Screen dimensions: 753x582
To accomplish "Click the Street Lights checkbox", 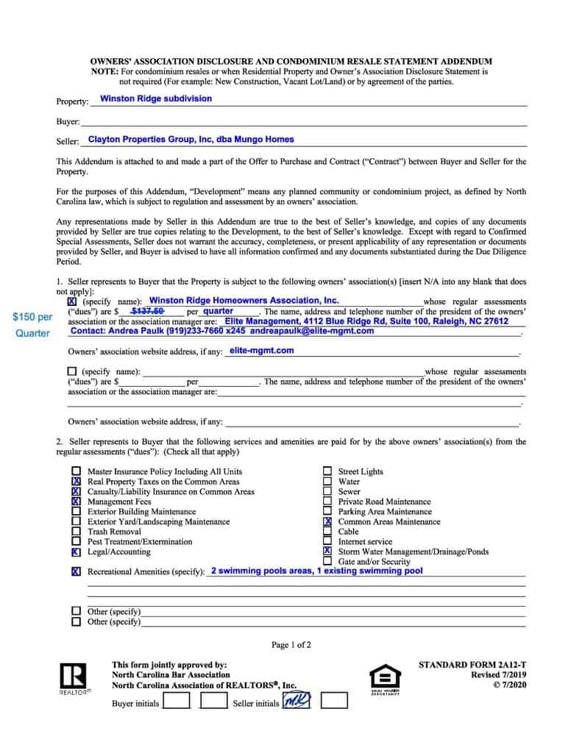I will click(x=327, y=471).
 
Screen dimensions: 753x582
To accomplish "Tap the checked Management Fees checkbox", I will click(x=77, y=502).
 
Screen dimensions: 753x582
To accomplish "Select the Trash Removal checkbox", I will click(x=77, y=532).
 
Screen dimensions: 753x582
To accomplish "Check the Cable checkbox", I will click(x=327, y=532).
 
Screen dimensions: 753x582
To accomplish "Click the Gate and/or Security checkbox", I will click(x=327, y=562).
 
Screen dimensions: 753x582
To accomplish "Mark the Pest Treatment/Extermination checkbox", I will click(x=77, y=542).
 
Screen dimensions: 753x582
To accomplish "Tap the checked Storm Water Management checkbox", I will click(x=327, y=552).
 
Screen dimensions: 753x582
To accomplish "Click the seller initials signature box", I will click(x=297, y=701).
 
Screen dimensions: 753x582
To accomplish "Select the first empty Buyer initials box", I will click(x=176, y=701).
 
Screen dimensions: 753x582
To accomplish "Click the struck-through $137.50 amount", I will click(x=147, y=311).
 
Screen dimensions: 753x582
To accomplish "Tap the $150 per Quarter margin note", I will click(x=32, y=325).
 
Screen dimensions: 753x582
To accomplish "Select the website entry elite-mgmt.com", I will click(x=261, y=351).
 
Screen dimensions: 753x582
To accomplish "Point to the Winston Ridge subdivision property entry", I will click(x=156, y=99).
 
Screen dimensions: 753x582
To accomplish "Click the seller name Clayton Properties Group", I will click(x=191, y=139).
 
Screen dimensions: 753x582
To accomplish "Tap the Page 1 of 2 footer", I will click(x=291, y=646).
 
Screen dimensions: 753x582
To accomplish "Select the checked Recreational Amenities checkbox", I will click(x=77, y=571).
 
